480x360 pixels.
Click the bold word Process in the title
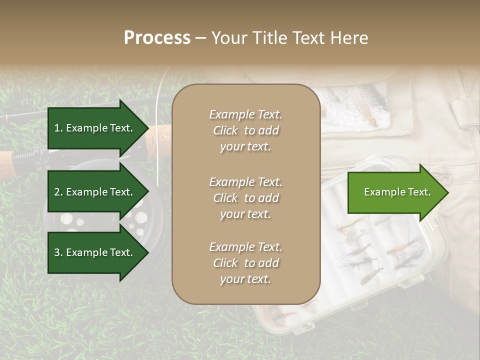[x=157, y=38]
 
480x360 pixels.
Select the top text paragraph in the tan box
[x=245, y=130]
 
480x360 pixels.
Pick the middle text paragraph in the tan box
[x=245, y=198]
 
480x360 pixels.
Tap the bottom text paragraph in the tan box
[x=245, y=263]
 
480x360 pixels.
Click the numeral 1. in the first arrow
[x=58, y=128]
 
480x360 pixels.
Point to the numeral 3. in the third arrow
[x=58, y=252]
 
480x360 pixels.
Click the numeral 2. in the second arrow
[x=58, y=192]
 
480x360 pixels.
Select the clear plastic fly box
[x=370, y=260]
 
